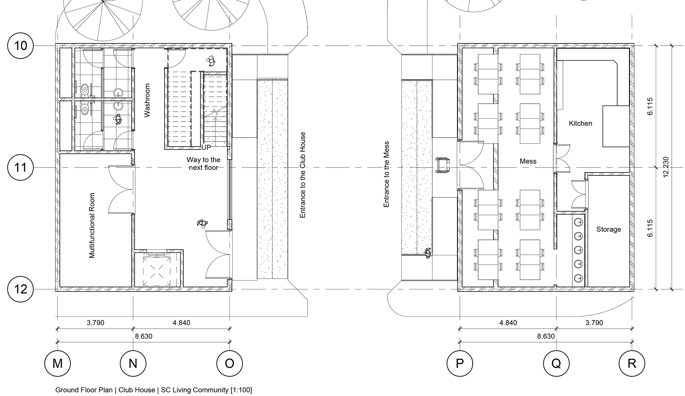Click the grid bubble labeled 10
21,46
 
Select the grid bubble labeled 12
21,289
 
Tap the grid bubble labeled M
57,364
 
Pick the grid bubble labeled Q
556,364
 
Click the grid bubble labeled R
632,364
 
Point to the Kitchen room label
580,123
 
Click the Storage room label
608,229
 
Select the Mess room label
528,161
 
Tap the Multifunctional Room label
92,225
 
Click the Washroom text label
147,100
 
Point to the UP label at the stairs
206,148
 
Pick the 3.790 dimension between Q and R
594,323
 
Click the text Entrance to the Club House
303,175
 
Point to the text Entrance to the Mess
386,174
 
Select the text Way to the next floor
203,164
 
